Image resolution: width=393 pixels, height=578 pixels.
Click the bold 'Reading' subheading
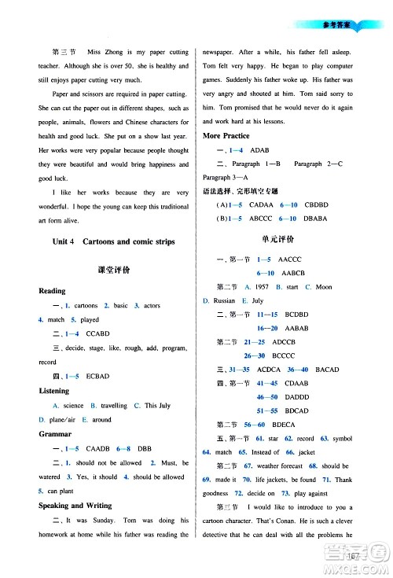coord(53,291)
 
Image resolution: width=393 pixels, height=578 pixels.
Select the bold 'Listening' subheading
coord(55,390)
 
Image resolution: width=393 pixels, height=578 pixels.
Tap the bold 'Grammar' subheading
coord(54,433)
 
